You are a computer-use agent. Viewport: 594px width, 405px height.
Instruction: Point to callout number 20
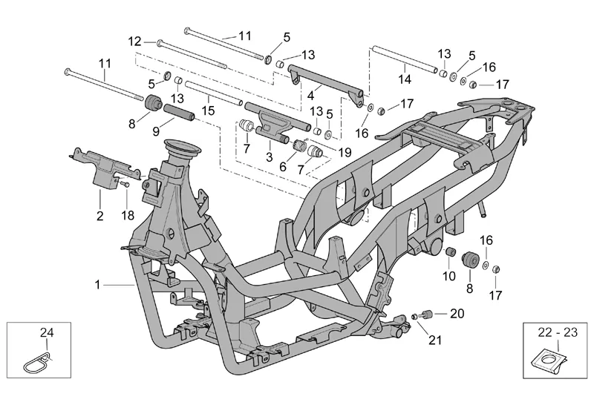457,313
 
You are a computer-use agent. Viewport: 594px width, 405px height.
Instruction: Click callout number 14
404,79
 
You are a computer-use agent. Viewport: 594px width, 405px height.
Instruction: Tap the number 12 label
134,41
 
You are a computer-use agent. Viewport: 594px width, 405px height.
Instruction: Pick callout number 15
208,111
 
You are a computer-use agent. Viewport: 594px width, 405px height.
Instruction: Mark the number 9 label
155,131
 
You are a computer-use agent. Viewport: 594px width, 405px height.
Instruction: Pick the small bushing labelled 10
450,254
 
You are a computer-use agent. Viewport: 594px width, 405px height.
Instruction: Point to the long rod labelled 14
405,59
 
